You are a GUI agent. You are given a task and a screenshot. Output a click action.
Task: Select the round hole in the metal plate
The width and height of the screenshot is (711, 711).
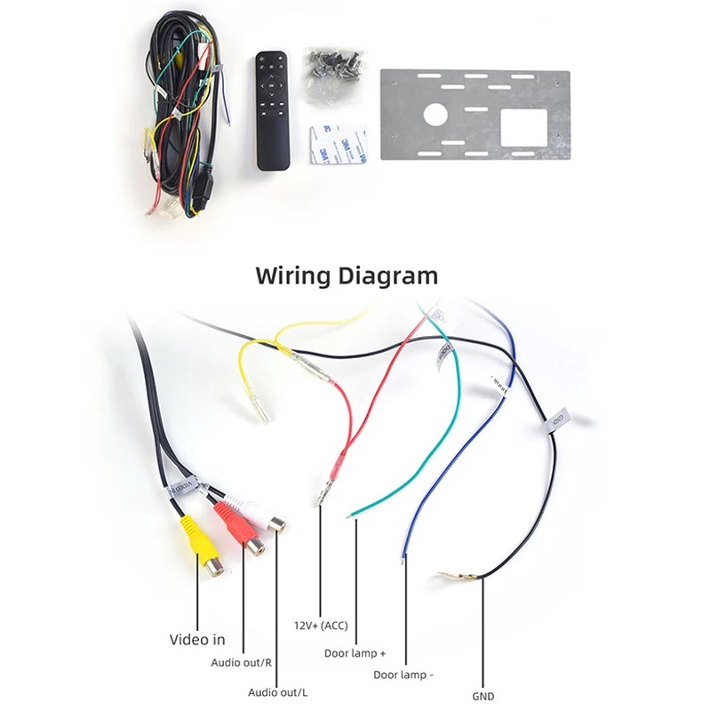436,114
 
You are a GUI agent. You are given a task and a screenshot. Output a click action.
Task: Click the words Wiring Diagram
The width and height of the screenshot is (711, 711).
347,275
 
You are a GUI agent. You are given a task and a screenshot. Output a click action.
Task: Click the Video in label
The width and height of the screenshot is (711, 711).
197,639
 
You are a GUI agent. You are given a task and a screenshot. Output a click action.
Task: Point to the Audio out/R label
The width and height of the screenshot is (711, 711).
241,662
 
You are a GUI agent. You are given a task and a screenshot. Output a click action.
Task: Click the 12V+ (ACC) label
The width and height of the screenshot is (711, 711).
321,625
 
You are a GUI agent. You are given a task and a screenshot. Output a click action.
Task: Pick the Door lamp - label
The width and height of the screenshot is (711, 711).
403,675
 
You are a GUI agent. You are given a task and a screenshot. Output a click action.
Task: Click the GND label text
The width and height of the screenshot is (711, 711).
483,697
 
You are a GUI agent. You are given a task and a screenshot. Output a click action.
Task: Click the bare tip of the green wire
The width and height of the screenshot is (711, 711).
354,513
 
